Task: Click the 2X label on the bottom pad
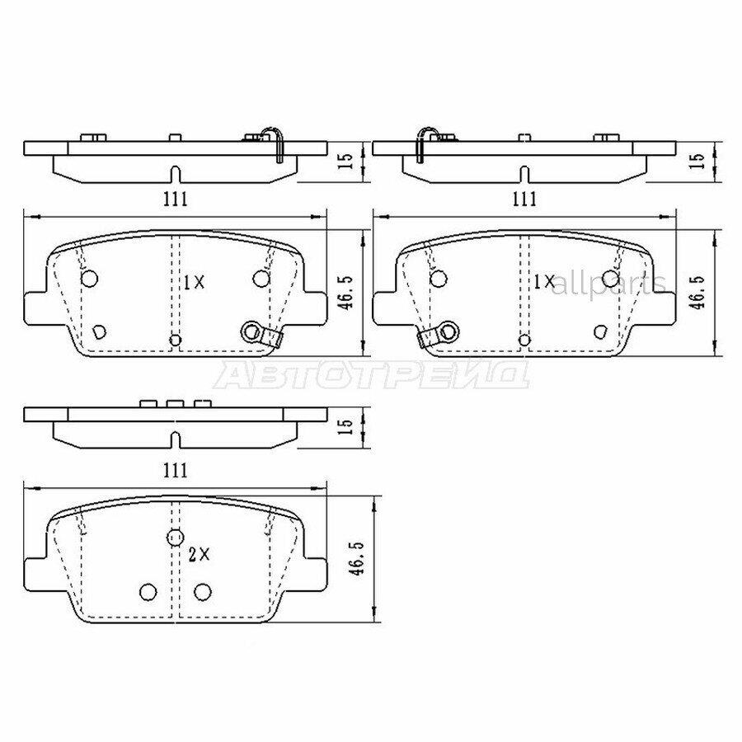tap(200, 556)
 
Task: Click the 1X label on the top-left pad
tap(193, 282)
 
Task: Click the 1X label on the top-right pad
tap(544, 282)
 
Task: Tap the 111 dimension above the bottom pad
tap(175, 470)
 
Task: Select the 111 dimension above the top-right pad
tap(524, 199)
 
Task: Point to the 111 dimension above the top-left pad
tap(175, 198)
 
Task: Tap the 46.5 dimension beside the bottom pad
tap(357, 557)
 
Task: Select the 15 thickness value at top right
tap(696, 156)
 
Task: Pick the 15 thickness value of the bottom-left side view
tap(347, 425)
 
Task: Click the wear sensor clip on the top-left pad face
tap(259, 334)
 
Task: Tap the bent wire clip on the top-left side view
tap(275, 142)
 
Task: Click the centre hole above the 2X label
tap(174, 538)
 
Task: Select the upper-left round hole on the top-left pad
tap(90, 278)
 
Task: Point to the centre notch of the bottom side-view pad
tap(174, 438)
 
